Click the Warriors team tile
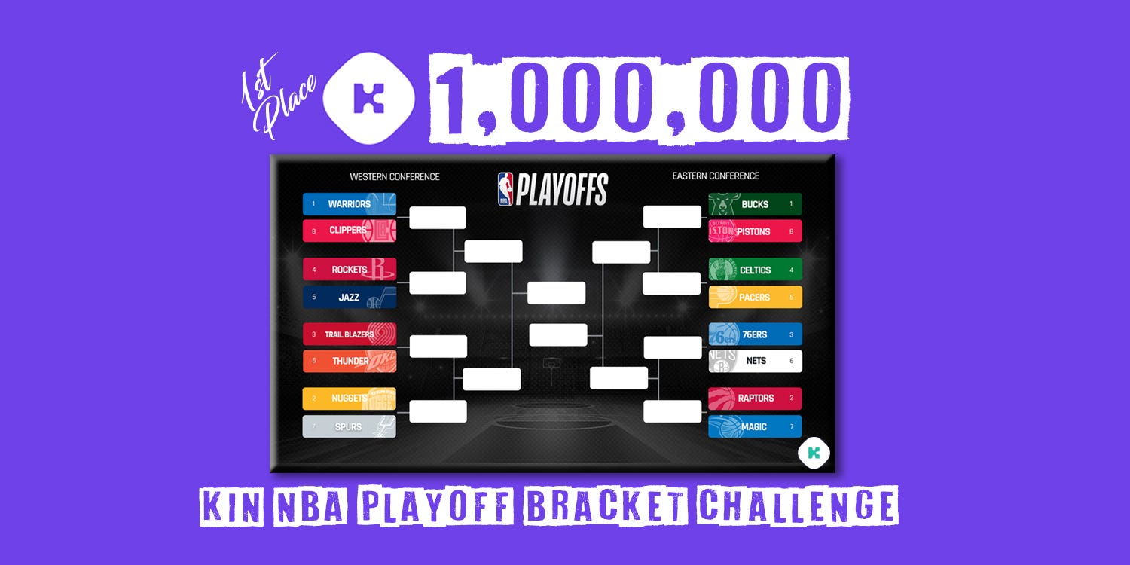(x=349, y=204)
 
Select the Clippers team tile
(x=349, y=231)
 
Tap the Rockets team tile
(x=349, y=270)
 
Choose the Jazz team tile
(x=349, y=297)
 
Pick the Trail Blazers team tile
(x=349, y=334)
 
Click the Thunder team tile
(x=349, y=361)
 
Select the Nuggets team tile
(x=349, y=399)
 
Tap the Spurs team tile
(x=349, y=427)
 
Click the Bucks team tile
(x=755, y=204)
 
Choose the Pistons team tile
(x=755, y=231)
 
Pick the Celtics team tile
(x=755, y=270)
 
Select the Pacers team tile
(x=755, y=297)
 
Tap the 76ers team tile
(x=755, y=334)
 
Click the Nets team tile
(x=755, y=361)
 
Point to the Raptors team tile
(x=755, y=399)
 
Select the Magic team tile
(x=755, y=427)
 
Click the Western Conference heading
(x=395, y=176)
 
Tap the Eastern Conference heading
(x=716, y=176)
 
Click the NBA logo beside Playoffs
(x=505, y=189)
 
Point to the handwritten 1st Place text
(x=279, y=96)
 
